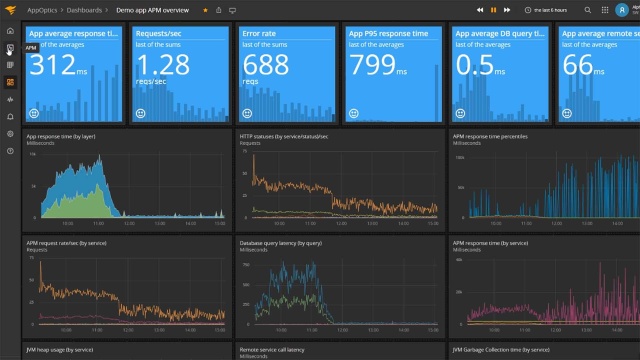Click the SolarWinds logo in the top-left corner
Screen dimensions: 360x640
tap(10, 9)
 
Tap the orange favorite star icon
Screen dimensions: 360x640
tap(205, 9)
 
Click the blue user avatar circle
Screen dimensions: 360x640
tap(621, 9)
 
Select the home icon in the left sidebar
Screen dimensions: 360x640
tap(10, 31)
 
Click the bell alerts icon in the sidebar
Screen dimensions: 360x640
tap(10, 116)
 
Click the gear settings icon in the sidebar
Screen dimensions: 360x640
tap(10, 133)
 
